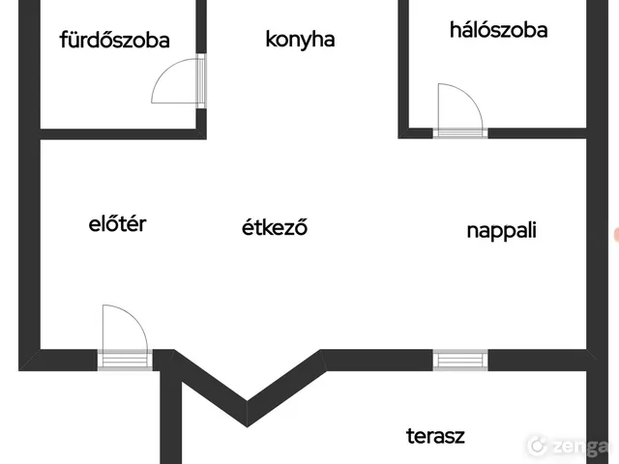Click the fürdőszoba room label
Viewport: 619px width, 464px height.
[x=114, y=40]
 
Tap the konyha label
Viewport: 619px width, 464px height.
[x=300, y=40]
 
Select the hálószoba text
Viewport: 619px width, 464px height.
[x=499, y=30]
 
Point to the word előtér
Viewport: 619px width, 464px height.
[x=117, y=223]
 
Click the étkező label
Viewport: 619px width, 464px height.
[x=275, y=227]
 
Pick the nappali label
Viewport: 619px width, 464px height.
[x=501, y=230]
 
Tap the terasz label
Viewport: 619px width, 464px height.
[x=435, y=436]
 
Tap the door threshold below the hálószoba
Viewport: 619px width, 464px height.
[x=460, y=133]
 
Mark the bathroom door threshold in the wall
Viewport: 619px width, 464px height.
[x=201, y=80]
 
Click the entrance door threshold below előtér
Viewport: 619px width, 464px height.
[x=125, y=360]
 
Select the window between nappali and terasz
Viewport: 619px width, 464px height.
[x=460, y=361]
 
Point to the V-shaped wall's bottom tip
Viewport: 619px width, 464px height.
[x=248, y=427]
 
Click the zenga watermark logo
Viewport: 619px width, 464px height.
[x=570, y=445]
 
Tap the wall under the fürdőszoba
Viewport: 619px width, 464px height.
[x=123, y=134]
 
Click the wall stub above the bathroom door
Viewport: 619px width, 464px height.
[x=201, y=26]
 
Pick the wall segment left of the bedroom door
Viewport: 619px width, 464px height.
[x=416, y=133]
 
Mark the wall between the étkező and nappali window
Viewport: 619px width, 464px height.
[x=377, y=361]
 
